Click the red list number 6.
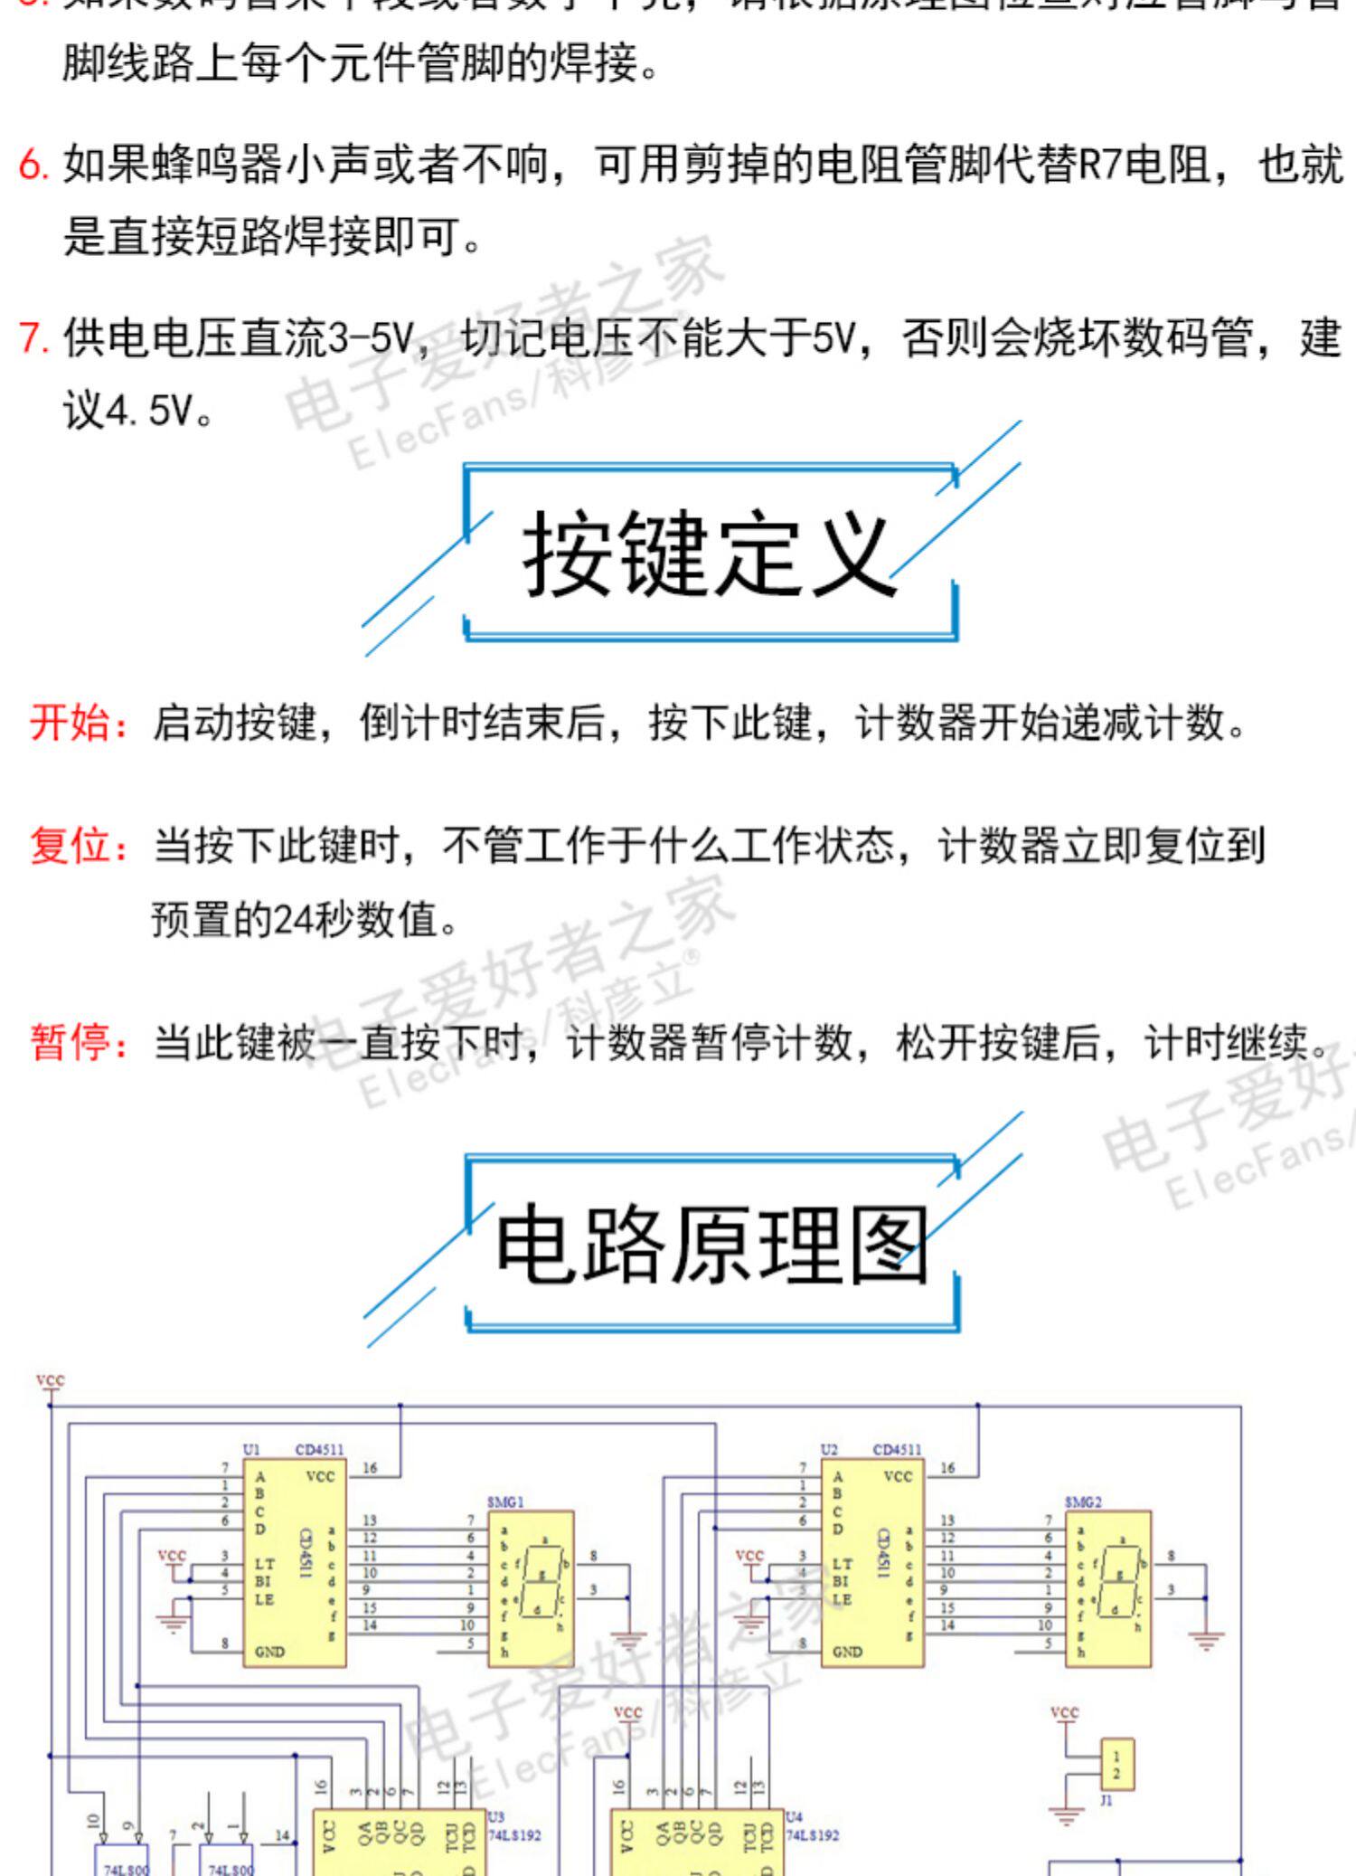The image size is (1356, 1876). pos(33,165)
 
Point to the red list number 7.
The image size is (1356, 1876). pos(33,338)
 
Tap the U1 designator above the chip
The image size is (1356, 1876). pos(251,1449)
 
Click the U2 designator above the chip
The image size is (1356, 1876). pos(829,1449)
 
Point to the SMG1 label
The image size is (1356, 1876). pos(505,1502)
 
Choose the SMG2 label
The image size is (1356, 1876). pos(1083,1502)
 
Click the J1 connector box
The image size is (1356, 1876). pos(1116,1765)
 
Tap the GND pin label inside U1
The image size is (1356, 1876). pos(269,1652)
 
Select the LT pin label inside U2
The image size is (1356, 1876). pos(842,1563)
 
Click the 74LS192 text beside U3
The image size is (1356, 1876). pos(514,1835)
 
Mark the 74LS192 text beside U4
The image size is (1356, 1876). pos(812,1835)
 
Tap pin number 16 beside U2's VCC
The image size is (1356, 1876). pos(947,1468)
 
